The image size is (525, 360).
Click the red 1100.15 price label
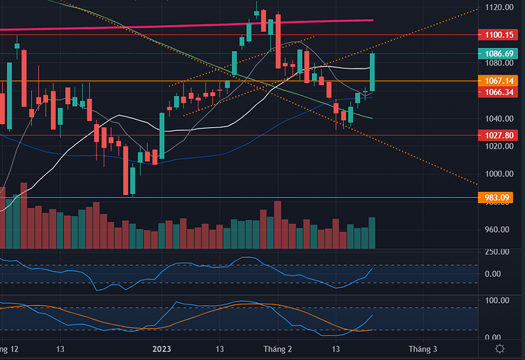coord(498,35)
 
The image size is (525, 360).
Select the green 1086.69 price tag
coord(498,54)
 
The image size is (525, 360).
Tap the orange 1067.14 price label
coord(498,80)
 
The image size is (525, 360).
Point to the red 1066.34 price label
coord(498,92)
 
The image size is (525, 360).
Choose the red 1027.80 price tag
coord(498,135)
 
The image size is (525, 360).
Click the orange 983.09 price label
coord(498,198)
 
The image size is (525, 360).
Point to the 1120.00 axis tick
coord(498,7)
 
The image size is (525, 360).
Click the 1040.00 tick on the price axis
coord(498,119)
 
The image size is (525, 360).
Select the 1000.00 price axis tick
coord(498,174)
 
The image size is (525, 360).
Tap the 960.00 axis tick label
coord(498,230)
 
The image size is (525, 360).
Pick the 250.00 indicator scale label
coord(498,253)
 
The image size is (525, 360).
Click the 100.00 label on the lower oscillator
coord(498,301)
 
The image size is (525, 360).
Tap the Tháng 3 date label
coord(422,349)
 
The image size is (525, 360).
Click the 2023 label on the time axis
coord(161,349)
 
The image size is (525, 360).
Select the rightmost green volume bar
coord(372,233)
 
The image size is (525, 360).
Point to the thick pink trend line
coord(228,25)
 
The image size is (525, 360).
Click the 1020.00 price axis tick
coord(498,146)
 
